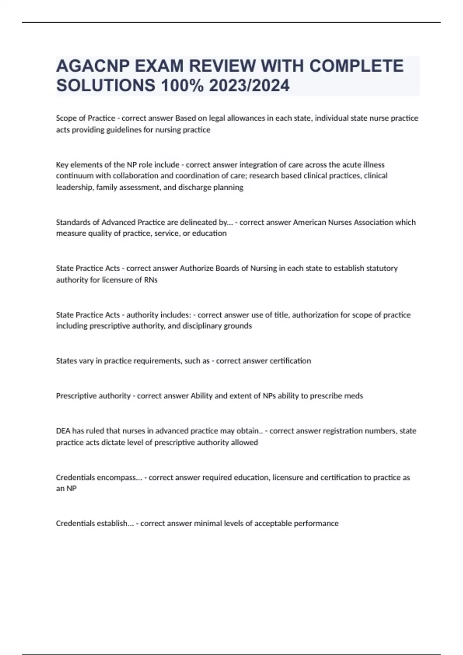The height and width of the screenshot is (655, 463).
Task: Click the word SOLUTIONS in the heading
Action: [105, 86]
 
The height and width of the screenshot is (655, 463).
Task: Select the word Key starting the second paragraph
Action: [62, 165]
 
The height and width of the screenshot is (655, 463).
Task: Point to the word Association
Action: [371, 222]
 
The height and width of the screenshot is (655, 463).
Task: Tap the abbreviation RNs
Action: [151, 280]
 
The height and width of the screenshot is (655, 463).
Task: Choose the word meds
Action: [353, 396]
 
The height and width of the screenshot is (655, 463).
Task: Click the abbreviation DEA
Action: [63, 431]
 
